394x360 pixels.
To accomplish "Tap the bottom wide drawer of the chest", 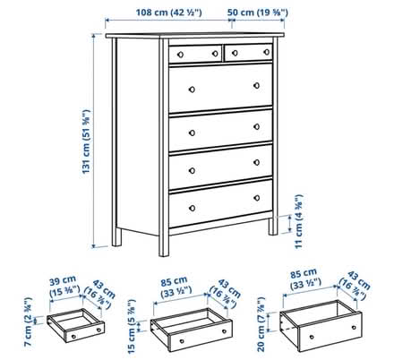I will tap(220, 206).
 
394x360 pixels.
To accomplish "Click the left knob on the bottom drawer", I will tap(188, 212).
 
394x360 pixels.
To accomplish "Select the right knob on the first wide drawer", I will tap(257, 86).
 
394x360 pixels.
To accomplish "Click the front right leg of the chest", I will tap(271, 227).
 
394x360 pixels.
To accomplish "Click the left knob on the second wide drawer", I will tap(190, 126).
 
